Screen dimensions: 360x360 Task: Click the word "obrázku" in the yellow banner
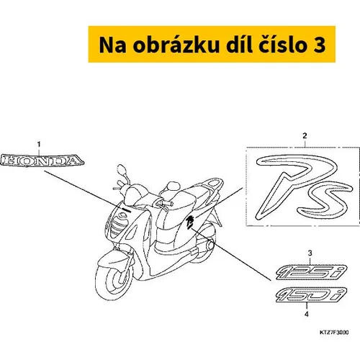176,45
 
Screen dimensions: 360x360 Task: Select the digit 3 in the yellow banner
320,45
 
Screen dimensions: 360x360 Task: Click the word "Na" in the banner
112,45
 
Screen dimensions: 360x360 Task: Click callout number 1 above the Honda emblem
39,145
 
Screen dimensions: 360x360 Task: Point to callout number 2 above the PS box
305,136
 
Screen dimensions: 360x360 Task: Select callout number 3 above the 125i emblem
310,253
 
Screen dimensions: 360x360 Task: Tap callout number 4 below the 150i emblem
307,314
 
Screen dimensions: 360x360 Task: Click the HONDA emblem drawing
42,161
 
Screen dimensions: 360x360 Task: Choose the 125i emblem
312,272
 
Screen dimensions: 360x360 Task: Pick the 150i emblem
312,294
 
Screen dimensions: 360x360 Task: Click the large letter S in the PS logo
324,199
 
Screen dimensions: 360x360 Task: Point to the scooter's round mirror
122,171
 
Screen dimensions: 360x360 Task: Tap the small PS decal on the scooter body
190,222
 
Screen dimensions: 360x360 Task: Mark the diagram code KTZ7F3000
334,333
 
